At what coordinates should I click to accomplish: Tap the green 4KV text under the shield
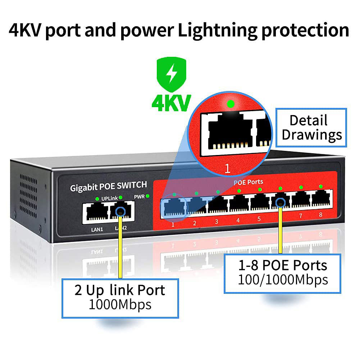[170, 103]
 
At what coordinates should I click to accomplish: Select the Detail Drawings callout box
[311, 128]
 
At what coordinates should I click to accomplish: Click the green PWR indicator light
[147, 196]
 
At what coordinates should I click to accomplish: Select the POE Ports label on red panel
[248, 182]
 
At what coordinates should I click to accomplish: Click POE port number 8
[322, 199]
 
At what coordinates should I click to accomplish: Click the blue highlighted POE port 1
[174, 207]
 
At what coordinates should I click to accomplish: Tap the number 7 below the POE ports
[301, 216]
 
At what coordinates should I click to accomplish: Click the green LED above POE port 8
[321, 186]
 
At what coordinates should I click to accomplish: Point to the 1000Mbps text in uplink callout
[120, 305]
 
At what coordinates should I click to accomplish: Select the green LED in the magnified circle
[231, 104]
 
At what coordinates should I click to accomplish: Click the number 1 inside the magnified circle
[227, 169]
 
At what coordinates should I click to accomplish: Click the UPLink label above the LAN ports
[109, 198]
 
